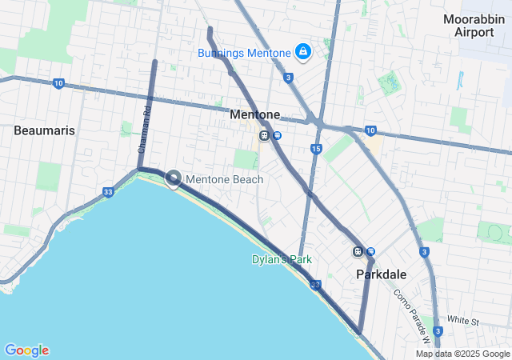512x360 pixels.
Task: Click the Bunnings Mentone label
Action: coord(244,54)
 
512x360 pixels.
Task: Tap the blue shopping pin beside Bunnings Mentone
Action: coord(303,53)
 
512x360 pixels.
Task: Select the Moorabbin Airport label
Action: coord(474,26)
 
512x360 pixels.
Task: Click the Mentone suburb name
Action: coord(255,114)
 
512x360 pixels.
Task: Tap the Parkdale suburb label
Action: coord(381,274)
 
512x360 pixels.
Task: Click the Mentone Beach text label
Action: coord(225,179)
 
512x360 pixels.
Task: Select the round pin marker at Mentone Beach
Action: coord(173,178)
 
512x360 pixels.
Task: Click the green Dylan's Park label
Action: coord(282,259)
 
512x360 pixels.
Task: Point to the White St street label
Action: coord(462,320)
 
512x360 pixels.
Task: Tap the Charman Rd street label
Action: coord(143,130)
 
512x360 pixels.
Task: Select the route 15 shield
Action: coord(317,149)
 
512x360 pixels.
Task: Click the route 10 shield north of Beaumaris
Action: coord(58,83)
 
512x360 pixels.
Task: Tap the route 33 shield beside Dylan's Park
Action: coord(316,284)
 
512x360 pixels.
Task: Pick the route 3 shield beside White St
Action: coord(438,330)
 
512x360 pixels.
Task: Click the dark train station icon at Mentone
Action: coord(263,136)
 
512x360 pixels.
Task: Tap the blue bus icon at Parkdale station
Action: coord(371,252)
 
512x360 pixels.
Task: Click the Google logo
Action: coord(26,350)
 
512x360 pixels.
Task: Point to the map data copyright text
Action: coord(462,354)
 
